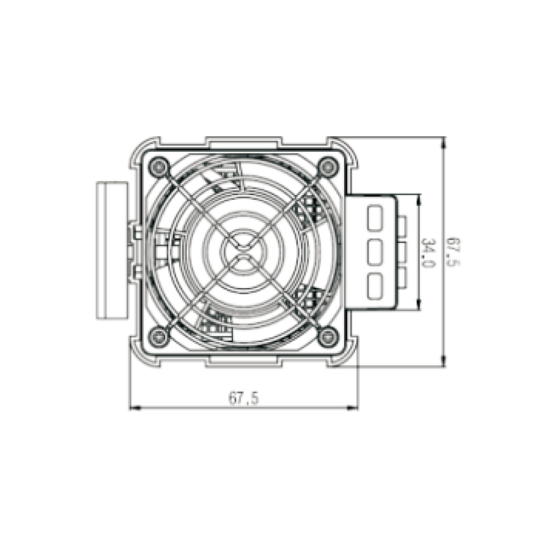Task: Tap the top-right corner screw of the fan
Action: click(x=329, y=165)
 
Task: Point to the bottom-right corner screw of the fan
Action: click(x=329, y=334)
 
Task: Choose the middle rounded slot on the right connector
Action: click(x=375, y=251)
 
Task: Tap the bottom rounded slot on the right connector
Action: click(x=375, y=283)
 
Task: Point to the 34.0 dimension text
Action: click(x=428, y=251)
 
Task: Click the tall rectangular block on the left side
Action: click(x=110, y=249)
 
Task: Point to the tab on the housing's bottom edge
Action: click(x=243, y=359)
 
